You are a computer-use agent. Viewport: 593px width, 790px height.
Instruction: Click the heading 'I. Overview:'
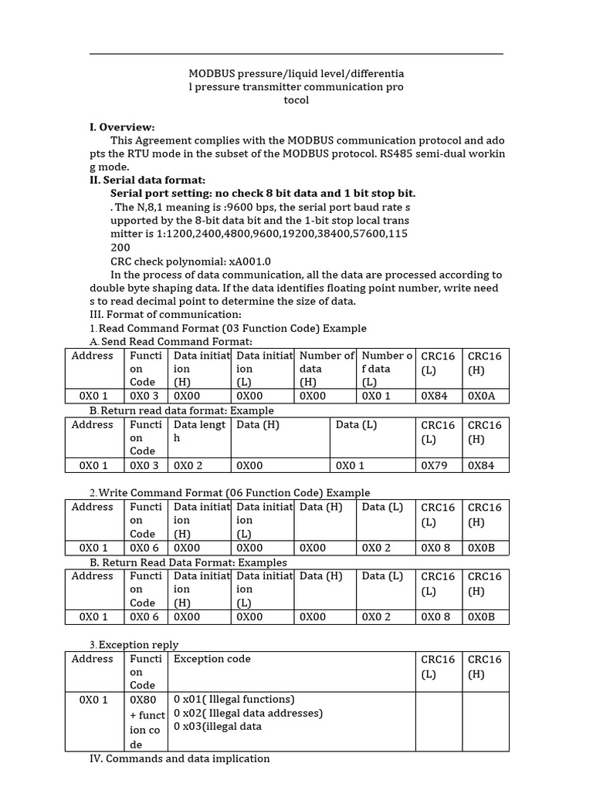[122, 127]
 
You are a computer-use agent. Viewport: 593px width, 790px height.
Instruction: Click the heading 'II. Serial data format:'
[147, 180]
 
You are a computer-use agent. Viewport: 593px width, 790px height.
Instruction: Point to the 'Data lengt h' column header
[199, 430]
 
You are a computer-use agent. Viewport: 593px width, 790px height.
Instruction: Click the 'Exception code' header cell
[212, 659]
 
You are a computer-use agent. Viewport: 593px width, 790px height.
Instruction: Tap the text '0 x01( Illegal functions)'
[234, 700]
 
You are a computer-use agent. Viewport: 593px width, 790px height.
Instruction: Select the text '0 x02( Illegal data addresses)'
[248, 713]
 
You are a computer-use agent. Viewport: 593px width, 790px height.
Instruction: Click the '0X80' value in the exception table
[143, 700]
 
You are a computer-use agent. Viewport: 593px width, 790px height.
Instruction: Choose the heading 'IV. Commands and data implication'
[180, 758]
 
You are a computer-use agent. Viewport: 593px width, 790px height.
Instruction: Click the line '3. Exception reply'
[134, 644]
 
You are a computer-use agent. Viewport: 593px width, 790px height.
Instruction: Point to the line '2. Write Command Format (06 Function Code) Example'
[229, 492]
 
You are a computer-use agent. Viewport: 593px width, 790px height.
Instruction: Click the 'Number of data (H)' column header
[326, 368]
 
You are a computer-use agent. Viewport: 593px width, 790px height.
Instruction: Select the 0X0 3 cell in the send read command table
[144, 396]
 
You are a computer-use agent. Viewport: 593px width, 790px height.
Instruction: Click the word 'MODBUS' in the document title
[214, 73]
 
